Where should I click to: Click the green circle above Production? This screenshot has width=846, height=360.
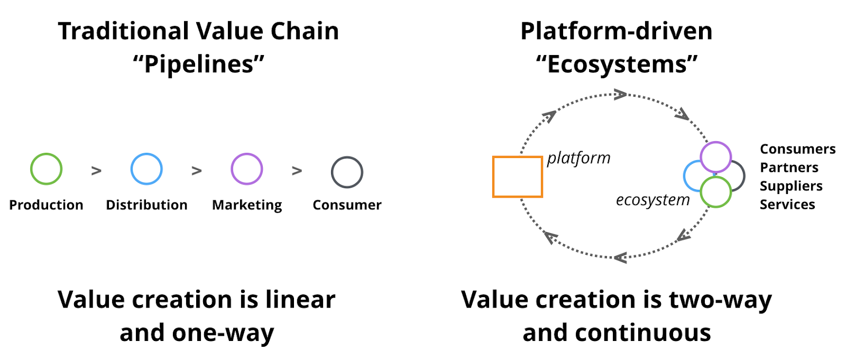(46, 169)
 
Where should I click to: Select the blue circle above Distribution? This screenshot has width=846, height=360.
(146, 169)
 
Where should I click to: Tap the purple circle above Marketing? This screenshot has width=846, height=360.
(247, 169)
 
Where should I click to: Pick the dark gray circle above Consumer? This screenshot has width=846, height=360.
(347, 172)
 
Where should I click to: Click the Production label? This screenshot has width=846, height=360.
(46, 205)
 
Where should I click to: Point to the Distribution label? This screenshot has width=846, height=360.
(146, 205)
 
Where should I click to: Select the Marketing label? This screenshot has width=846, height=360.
(247, 205)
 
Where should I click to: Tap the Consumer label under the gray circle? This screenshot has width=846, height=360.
(347, 205)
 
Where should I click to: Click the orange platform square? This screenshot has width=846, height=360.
(518, 177)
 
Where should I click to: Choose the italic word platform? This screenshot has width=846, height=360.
(578, 158)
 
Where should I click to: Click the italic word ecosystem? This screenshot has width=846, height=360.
(652, 200)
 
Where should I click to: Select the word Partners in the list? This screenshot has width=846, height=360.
(789, 168)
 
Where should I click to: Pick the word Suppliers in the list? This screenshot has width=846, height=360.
(791, 186)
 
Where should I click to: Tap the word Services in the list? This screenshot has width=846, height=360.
(787, 205)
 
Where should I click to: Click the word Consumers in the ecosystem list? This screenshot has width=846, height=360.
(797, 149)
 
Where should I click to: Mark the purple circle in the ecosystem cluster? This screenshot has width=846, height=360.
(715, 156)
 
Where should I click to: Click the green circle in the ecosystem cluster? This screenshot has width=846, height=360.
(715, 192)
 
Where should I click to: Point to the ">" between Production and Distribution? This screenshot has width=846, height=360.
(96, 171)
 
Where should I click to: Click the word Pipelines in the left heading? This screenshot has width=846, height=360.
(198, 64)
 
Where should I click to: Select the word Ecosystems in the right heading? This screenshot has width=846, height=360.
(617, 64)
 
